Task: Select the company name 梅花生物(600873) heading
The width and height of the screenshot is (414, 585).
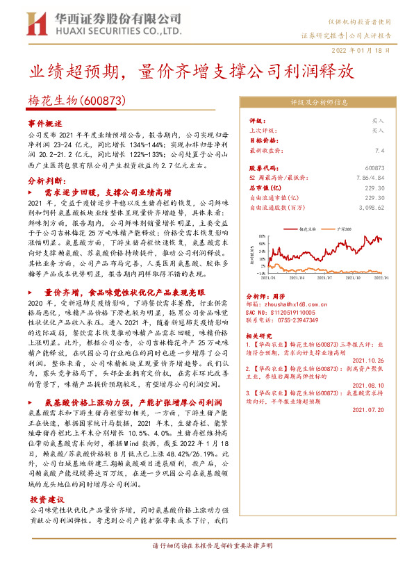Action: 76,101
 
